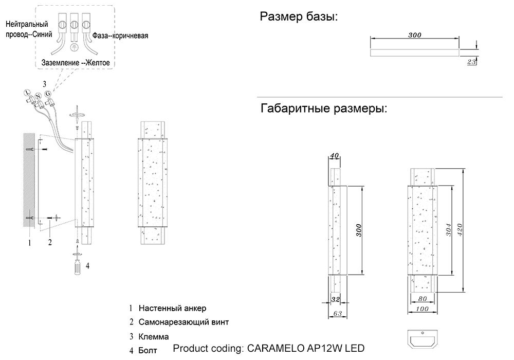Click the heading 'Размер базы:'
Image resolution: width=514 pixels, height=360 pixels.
point(299,16)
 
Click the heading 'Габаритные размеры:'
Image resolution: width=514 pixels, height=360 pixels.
point(324,108)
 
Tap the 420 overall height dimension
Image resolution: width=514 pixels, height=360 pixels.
point(460,230)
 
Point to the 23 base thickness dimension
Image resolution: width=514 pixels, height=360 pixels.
point(471,62)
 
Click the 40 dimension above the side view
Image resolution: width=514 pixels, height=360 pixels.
point(335,155)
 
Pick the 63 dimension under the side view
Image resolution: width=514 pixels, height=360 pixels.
point(338,313)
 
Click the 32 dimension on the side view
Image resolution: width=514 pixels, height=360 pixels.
point(335,299)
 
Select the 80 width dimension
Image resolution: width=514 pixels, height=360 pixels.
point(423,299)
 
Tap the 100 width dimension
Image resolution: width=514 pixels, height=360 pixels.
point(422,309)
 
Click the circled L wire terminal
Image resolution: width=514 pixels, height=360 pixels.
point(27,93)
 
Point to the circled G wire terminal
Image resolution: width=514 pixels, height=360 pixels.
point(48,94)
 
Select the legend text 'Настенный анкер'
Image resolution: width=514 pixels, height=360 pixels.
point(172,308)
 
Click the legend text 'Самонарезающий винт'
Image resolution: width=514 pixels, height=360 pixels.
point(183,322)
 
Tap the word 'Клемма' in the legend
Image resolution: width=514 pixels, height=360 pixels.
point(154,337)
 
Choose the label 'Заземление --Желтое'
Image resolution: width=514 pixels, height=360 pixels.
point(76,63)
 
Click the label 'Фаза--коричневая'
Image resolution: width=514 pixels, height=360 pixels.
point(120,35)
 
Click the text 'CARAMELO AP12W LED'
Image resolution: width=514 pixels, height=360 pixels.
point(305,348)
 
